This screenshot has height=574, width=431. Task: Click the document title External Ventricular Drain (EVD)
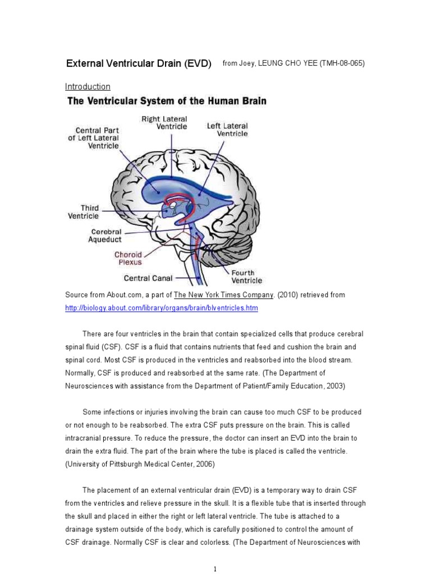click(x=139, y=63)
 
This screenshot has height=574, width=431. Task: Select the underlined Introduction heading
click(x=88, y=86)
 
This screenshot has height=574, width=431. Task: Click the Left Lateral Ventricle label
click(x=227, y=129)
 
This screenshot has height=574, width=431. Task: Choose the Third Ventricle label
click(x=83, y=211)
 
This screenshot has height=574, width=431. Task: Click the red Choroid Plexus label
click(x=129, y=258)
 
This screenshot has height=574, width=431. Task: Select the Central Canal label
click(x=148, y=277)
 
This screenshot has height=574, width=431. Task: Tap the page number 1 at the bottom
click(x=215, y=570)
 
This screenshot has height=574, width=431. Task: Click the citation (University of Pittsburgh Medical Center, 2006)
click(x=140, y=464)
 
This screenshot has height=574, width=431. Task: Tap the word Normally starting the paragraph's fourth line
click(x=81, y=373)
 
